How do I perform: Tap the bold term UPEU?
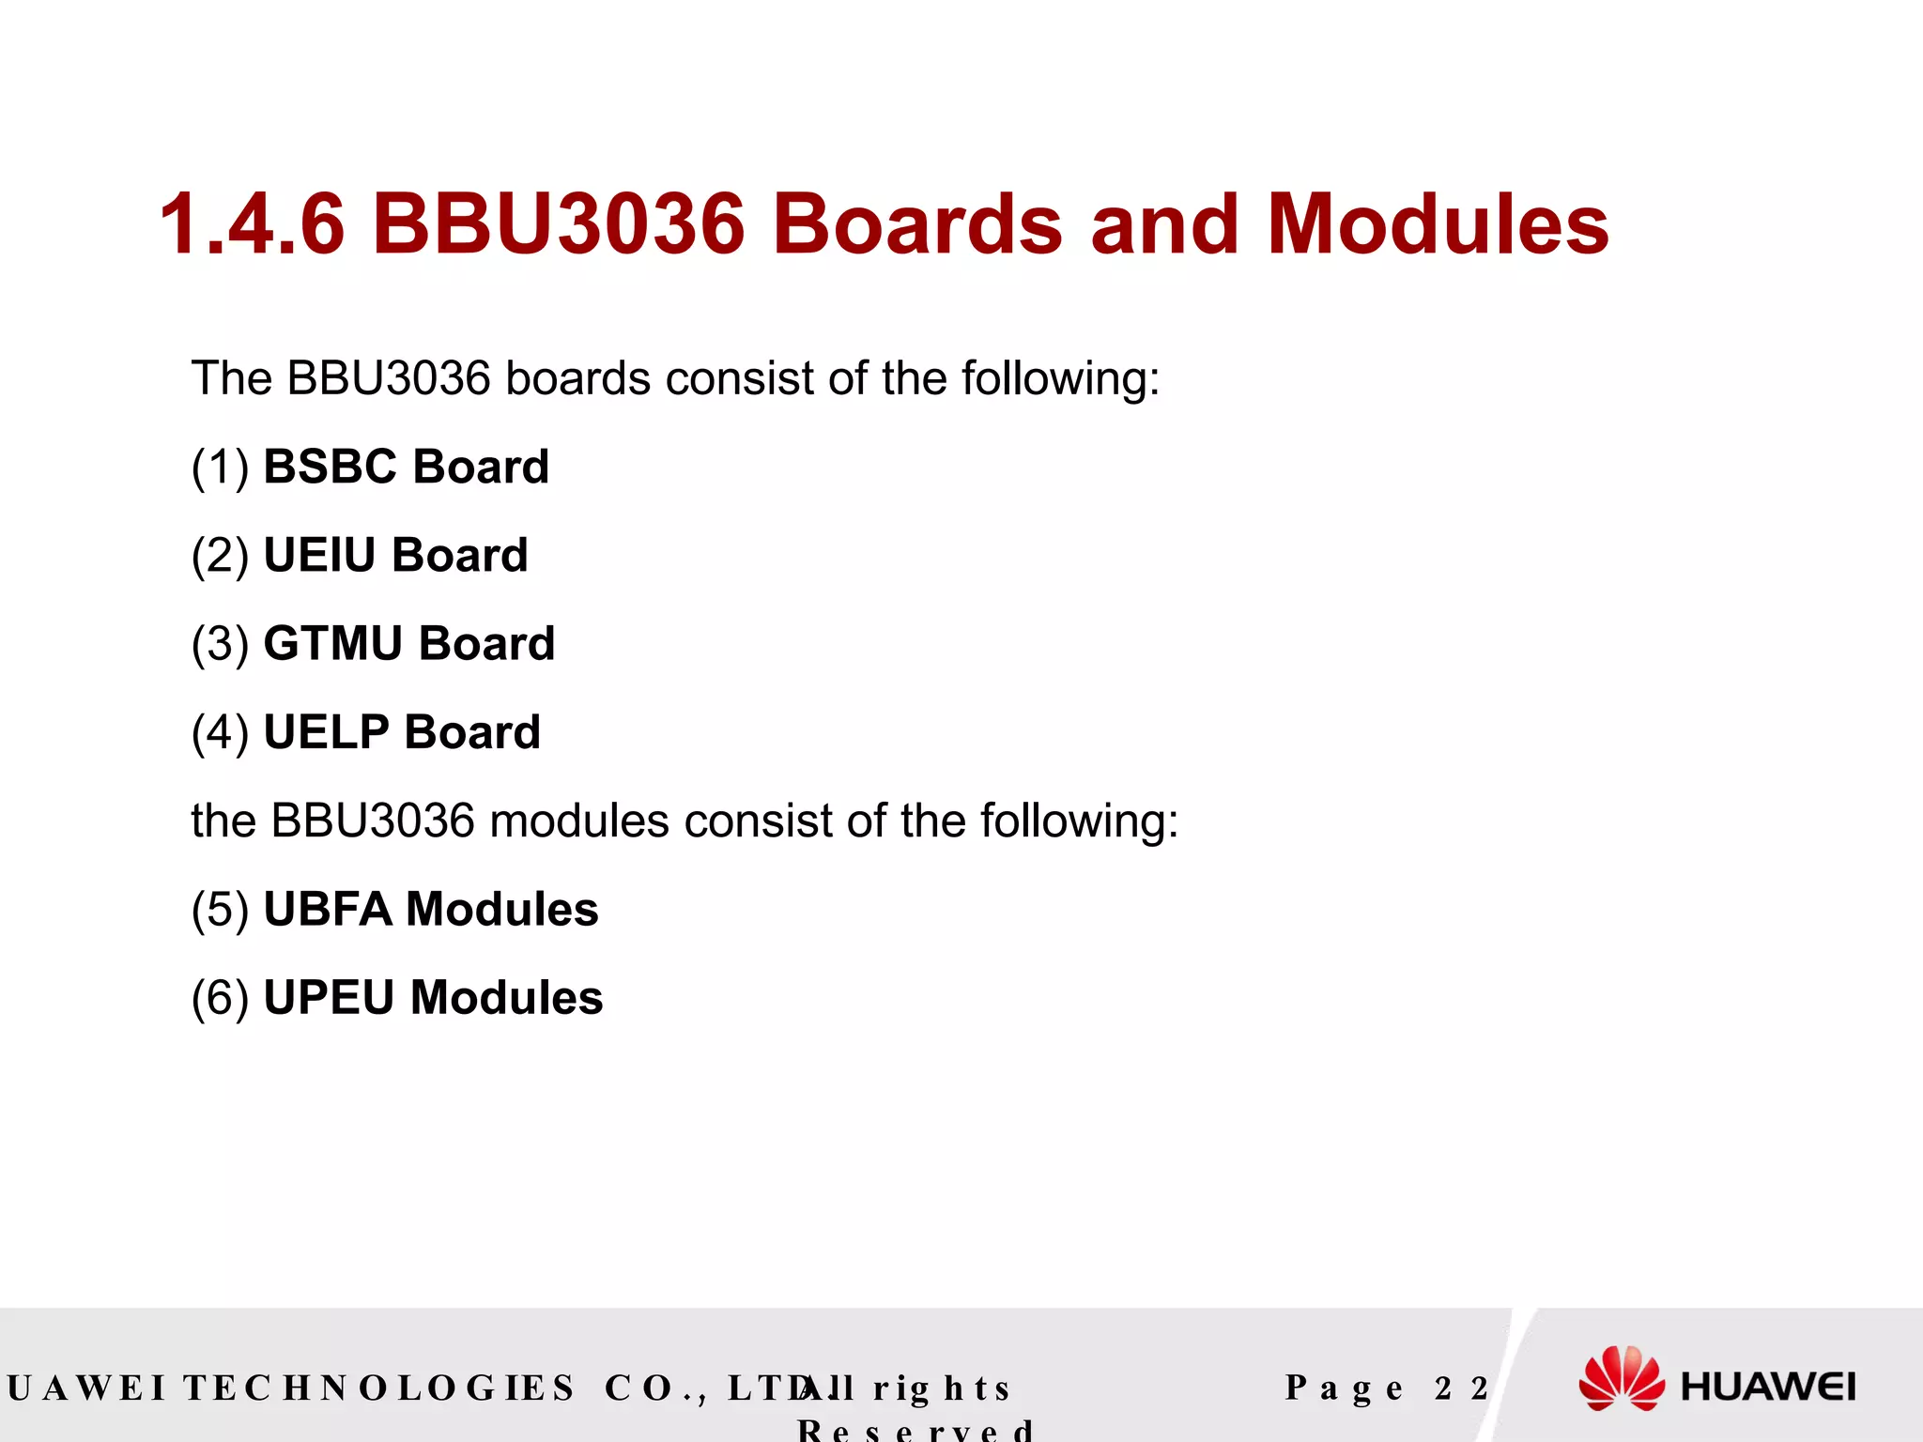click(329, 997)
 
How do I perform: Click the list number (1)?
click(221, 467)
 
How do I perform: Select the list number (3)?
click(221, 643)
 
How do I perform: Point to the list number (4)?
click(221, 731)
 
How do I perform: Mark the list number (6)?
click(221, 997)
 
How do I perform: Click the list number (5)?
click(221, 909)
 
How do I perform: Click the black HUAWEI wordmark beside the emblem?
click(1768, 1388)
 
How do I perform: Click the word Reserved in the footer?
click(915, 1430)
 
